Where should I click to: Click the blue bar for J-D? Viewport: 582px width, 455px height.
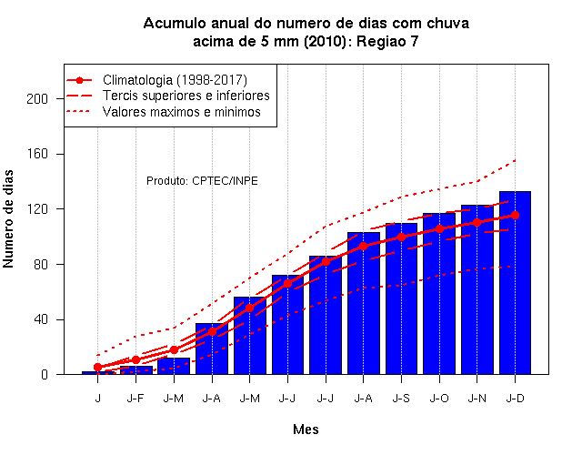coord(515,283)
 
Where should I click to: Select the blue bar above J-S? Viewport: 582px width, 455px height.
coord(401,298)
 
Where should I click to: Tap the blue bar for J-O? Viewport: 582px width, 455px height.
coord(439,294)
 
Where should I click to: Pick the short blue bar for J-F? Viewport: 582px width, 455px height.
coord(135,370)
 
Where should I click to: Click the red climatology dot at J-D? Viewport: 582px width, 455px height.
coord(515,215)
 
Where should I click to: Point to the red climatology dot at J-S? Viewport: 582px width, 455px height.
coord(401,237)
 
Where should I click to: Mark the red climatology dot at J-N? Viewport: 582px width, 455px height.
coord(477,222)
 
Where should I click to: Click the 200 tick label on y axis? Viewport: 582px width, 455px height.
coord(37,99)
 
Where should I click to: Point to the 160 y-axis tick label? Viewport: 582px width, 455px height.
coord(37,154)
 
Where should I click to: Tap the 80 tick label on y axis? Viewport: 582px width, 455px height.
coord(41,265)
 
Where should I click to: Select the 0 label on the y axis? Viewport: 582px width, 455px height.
coord(45,374)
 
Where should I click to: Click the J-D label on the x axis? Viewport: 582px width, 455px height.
coord(516,399)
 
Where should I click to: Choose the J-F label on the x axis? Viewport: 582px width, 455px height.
coord(135,399)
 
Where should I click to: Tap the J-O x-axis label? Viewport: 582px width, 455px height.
coord(439,399)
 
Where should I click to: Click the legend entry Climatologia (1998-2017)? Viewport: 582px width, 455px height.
coord(175,80)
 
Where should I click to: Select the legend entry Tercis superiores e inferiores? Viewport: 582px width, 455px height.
coord(186,96)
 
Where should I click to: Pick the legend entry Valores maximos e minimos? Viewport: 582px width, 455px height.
coord(182,112)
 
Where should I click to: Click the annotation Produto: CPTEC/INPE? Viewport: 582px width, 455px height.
coord(202,181)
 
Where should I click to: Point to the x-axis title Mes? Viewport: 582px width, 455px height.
coord(306,430)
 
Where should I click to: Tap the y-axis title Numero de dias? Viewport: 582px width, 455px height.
coord(8,219)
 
